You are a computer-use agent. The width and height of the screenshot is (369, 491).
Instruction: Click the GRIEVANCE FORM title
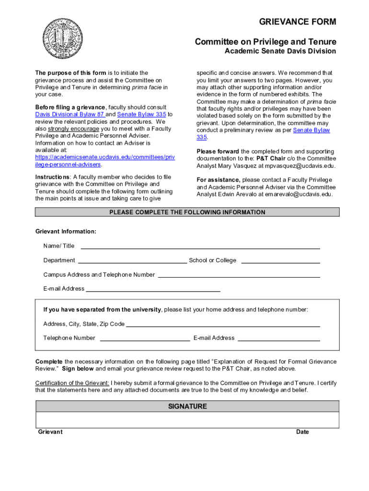297,22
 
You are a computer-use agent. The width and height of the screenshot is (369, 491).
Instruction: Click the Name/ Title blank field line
200,246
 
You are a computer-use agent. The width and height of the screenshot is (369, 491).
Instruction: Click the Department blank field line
132,261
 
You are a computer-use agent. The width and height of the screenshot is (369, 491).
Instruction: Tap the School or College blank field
280,261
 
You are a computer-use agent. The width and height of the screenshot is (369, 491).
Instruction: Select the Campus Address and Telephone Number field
239,275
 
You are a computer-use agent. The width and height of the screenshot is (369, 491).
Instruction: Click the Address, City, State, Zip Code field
223,325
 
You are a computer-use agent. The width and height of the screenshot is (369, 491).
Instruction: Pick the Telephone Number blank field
144,339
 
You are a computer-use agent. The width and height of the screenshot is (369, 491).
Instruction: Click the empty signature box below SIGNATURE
187,420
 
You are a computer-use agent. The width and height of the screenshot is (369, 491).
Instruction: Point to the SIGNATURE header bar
187,407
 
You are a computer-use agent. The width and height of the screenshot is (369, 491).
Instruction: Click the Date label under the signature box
302,432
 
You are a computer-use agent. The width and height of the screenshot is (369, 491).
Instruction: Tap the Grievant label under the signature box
50,432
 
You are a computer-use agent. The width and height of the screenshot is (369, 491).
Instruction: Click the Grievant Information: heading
66,232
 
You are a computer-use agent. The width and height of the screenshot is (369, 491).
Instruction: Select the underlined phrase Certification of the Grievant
72,383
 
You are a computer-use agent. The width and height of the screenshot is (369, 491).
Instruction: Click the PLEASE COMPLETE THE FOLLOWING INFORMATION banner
187,212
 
